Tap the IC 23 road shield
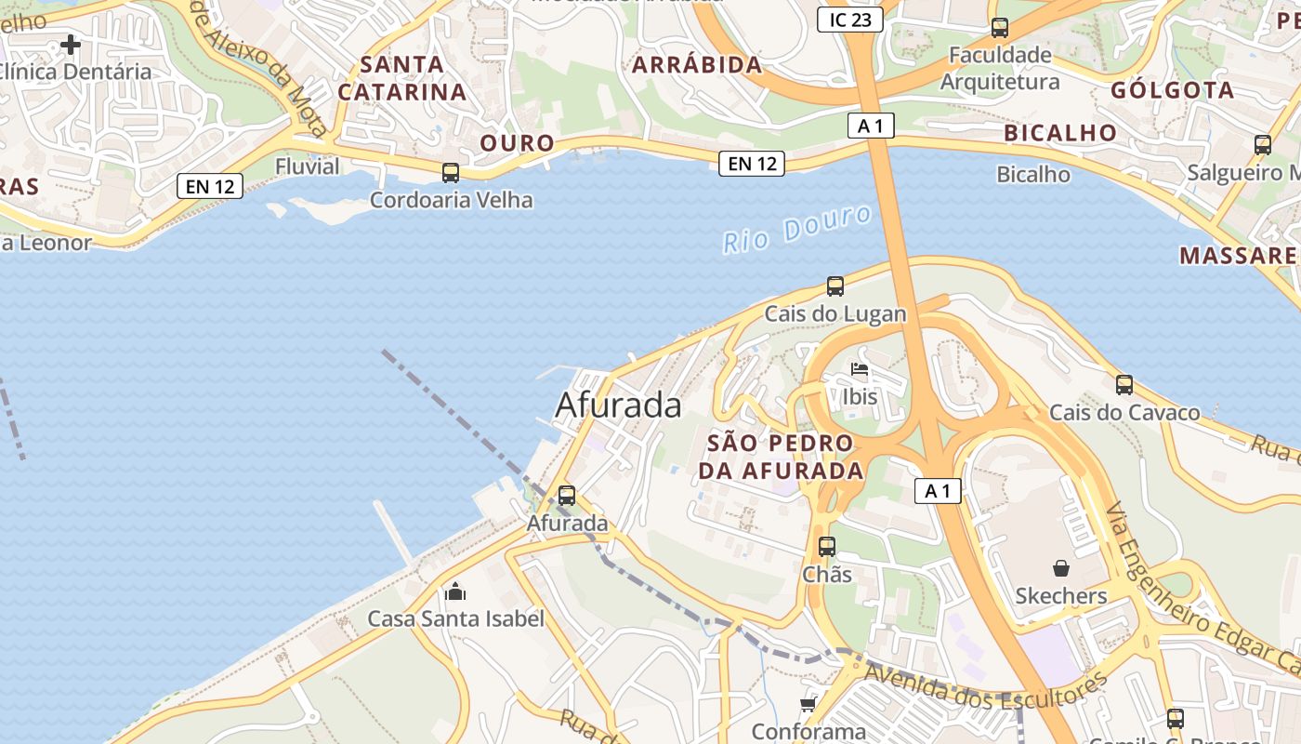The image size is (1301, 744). click(x=849, y=19)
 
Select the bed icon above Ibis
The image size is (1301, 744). click(x=860, y=370)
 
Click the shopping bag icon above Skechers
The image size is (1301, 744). click(x=1061, y=568)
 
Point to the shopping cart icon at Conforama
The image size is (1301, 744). click(x=808, y=704)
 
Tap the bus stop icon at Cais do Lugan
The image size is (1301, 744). click(x=835, y=286)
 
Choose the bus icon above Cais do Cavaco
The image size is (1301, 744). click(x=1124, y=384)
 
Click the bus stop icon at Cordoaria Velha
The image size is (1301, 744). click(x=451, y=173)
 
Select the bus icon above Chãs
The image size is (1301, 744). click(x=827, y=547)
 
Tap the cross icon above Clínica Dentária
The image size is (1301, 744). click(x=71, y=44)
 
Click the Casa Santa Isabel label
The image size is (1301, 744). click(x=455, y=618)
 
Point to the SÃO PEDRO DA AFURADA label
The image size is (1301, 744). click(x=781, y=457)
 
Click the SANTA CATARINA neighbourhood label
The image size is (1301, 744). click(x=401, y=78)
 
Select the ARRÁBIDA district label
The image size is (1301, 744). click(x=696, y=65)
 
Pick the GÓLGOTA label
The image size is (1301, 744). click(x=1172, y=90)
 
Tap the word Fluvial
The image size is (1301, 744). click(x=308, y=166)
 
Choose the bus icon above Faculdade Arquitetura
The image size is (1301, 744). click(x=1000, y=28)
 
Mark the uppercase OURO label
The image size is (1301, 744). click(x=517, y=143)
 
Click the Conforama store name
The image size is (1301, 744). click(x=808, y=732)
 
